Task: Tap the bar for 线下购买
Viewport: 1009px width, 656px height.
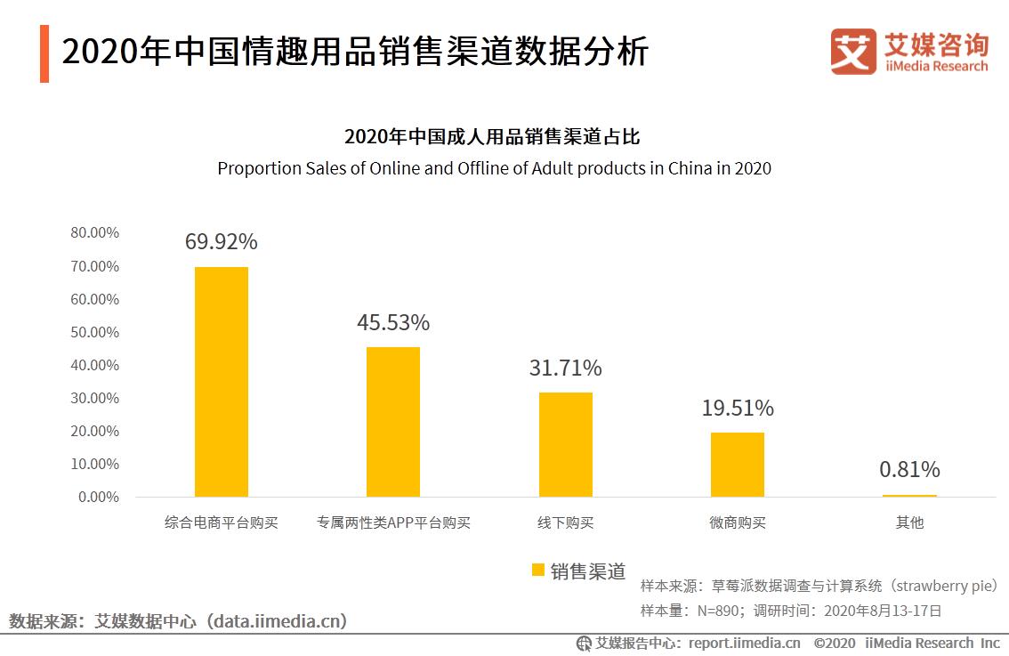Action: pos(565,444)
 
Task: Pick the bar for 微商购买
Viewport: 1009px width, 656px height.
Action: pos(737,464)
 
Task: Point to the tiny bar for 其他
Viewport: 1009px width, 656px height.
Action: pos(909,495)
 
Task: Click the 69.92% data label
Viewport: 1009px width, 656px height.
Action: pos(221,241)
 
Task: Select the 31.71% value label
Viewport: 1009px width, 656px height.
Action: pos(565,368)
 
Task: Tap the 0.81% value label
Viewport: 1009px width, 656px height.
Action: pos(909,469)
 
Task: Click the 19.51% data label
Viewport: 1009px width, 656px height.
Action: pos(737,408)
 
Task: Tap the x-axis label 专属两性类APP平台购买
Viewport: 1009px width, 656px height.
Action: pos(393,523)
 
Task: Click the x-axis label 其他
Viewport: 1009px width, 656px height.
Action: pos(909,523)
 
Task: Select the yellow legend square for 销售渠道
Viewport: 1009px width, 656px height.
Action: pos(537,571)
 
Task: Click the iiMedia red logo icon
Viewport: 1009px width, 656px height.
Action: pos(852,52)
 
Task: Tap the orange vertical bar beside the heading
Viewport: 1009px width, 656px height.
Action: pos(44,53)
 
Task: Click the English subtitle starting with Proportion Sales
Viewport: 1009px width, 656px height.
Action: pos(494,168)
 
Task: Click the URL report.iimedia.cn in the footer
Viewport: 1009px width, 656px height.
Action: pos(744,643)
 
